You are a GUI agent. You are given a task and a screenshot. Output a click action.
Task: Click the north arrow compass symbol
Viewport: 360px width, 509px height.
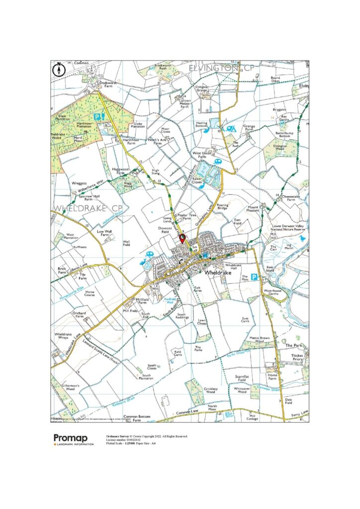tap(59, 68)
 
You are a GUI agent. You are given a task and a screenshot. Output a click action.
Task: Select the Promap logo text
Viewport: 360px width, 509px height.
tap(71, 438)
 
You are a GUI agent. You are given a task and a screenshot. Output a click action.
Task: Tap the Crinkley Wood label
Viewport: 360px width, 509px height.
tap(210, 390)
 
